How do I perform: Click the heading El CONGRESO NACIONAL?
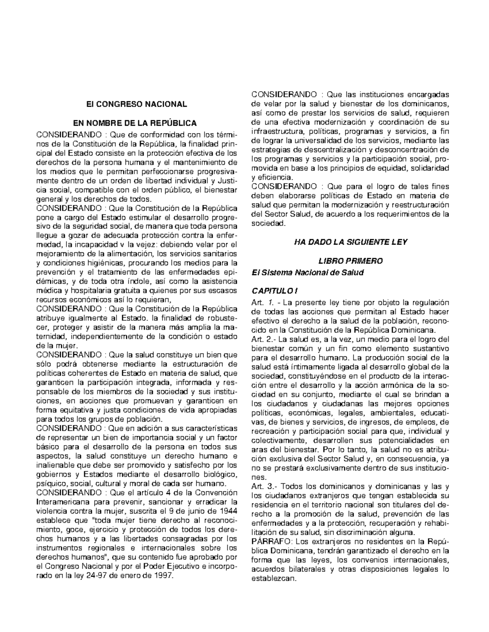136,104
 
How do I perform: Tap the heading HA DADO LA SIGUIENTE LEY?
350,242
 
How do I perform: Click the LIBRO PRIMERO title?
350,261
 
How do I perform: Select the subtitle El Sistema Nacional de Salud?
307,272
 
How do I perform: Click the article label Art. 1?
263,302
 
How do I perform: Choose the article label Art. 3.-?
265,487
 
